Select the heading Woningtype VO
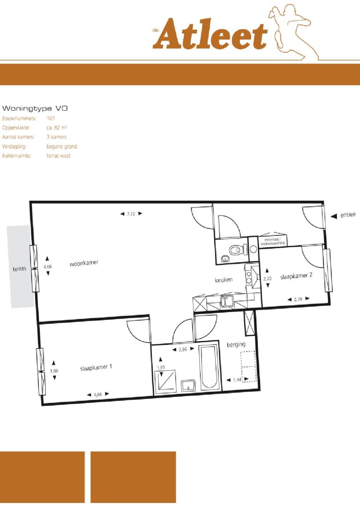click(x=35, y=108)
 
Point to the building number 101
click(x=51, y=118)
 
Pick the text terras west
click(x=59, y=156)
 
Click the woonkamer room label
click(x=84, y=264)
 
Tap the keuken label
click(x=224, y=280)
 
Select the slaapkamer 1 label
click(x=96, y=367)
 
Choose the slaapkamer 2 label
click(x=296, y=277)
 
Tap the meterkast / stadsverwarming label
click(x=273, y=242)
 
